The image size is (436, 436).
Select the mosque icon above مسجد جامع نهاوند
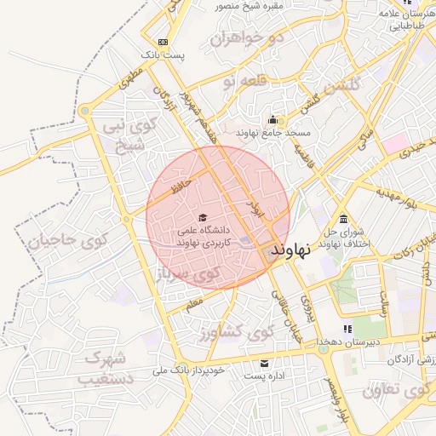click(x=272, y=119)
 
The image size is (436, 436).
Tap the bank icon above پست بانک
click(x=163, y=42)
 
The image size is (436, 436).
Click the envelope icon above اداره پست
click(x=263, y=363)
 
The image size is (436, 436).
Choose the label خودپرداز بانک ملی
click(x=188, y=370)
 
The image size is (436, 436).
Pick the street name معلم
click(x=194, y=301)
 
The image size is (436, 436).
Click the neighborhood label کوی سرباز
click(x=186, y=275)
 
